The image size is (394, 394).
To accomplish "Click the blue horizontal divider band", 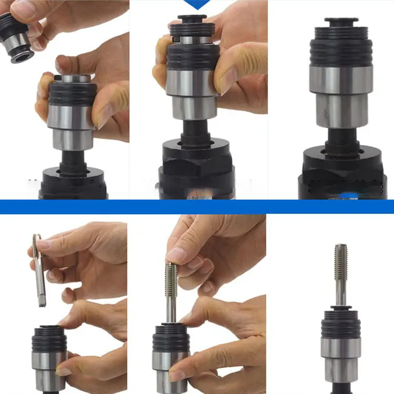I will tap(197, 206).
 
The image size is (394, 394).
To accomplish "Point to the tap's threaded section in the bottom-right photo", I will tap(340, 263).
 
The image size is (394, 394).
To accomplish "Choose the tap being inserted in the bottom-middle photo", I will tap(171, 289).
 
